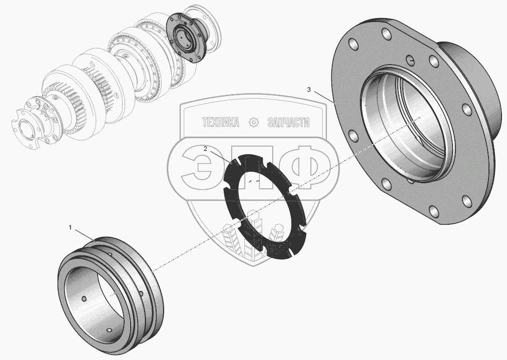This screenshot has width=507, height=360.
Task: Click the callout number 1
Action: pyautogui.click(x=70, y=227)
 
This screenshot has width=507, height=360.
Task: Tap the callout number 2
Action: pyautogui.click(x=205, y=149)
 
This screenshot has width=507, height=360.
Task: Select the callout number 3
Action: pyautogui.click(x=309, y=90)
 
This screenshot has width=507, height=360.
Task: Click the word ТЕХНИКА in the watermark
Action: pyautogui.click(x=221, y=123)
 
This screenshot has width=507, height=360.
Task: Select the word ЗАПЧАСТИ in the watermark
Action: pyautogui.click(x=288, y=123)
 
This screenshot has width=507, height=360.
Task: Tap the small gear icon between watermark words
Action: pyautogui.click(x=254, y=122)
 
